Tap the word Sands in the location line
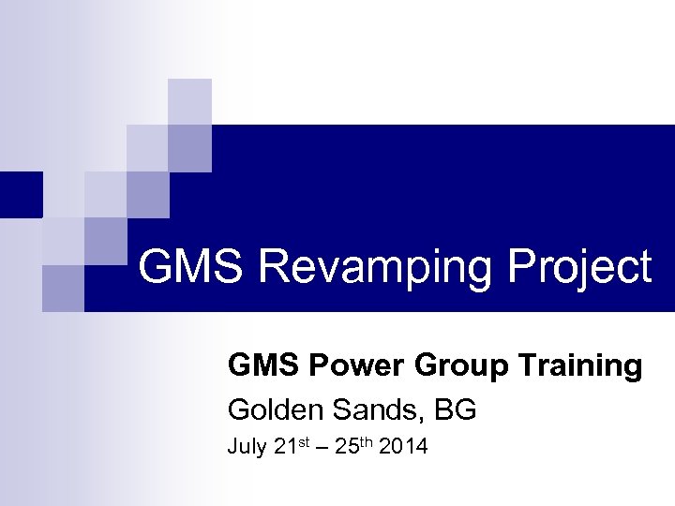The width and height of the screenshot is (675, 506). [363, 409]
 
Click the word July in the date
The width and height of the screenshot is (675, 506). [247, 447]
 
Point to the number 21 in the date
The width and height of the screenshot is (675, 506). [285, 447]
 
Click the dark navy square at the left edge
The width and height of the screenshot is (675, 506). [21, 194]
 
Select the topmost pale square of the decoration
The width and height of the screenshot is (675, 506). [189, 101]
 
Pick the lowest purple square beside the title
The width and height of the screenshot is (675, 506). [63, 288]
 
